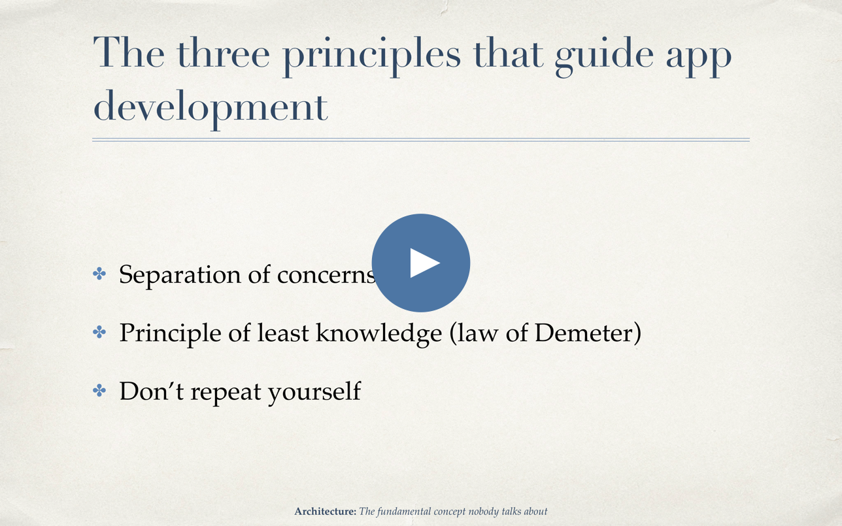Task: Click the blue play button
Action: click(420, 263)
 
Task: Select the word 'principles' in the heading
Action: click(372, 57)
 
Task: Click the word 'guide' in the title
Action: click(604, 57)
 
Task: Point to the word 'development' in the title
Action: click(210, 109)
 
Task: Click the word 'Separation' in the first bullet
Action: click(180, 276)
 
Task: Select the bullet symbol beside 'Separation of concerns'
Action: click(99, 274)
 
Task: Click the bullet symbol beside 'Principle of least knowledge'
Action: click(99, 332)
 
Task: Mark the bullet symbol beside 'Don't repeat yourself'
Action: click(99, 390)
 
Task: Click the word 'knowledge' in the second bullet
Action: click(379, 335)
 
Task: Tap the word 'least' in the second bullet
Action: click(283, 333)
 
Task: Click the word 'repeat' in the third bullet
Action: click(226, 393)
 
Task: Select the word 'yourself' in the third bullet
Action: click(314, 392)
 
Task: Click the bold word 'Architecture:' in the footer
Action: click(325, 512)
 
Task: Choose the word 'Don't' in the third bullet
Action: click(152, 391)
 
